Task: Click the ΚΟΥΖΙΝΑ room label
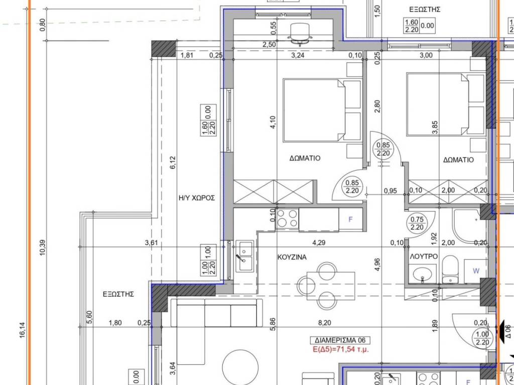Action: (x=292, y=257)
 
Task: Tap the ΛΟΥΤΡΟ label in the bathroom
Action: (x=424, y=257)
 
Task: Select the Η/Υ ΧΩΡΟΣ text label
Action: (x=197, y=198)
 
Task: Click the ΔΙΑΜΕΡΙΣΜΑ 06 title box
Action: (x=340, y=340)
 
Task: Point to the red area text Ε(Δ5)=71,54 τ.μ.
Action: (x=341, y=349)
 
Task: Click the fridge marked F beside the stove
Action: (x=351, y=220)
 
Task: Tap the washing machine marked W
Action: (x=476, y=271)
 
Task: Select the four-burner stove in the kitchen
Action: (x=288, y=219)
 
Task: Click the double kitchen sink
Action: (x=244, y=256)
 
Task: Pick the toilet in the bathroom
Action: (x=450, y=270)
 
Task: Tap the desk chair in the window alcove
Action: (x=300, y=33)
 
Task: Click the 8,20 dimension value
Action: (x=325, y=323)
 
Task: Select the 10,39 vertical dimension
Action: (x=43, y=248)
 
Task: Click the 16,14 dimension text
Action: (x=23, y=330)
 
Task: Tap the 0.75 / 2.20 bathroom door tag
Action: (x=417, y=223)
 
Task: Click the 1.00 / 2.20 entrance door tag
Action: (x=482, y=338)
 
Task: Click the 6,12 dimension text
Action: (x=173, y=163)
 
